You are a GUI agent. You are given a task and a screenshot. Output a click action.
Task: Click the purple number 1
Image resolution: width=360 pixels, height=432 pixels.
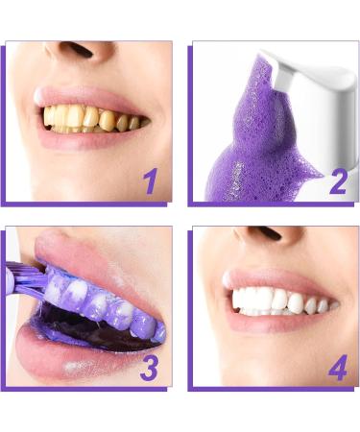pyautogui.click(x=149, y=180)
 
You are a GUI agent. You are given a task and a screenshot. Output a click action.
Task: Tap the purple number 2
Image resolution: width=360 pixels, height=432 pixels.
pyautogui.click(x=337, y=180)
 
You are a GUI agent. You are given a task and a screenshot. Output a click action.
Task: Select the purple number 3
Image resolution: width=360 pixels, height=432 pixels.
pyautogui.click(x=149, y=366)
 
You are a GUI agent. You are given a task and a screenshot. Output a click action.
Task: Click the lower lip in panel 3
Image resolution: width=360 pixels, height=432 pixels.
pyautogui.click(x=67, y=357)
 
